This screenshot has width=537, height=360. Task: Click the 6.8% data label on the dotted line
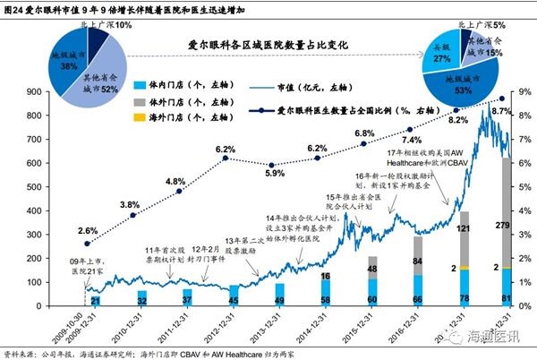tap(364, 133)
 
